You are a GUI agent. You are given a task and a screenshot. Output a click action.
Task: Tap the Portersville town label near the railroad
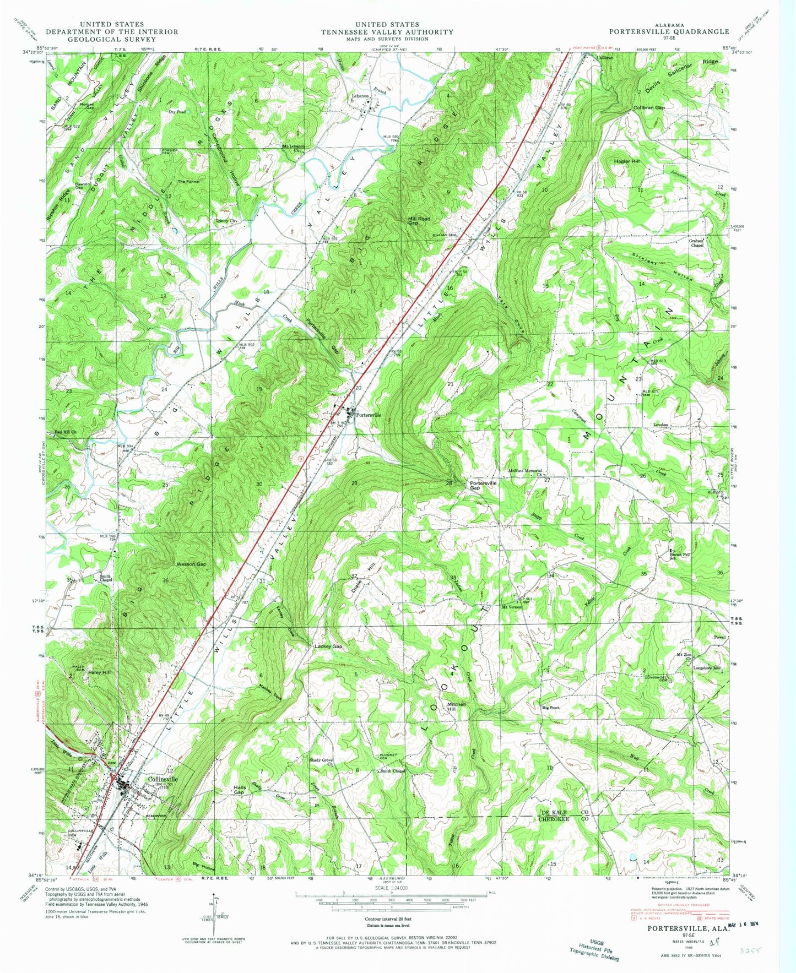[x=368, y=415]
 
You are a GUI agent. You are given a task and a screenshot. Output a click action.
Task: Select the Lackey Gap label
[x=328, y=646]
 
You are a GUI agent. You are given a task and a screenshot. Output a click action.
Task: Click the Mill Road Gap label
[x=419, y=221]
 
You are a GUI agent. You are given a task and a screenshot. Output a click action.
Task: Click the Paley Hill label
[x=100, y=672]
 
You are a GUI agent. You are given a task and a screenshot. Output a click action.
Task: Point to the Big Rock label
[x=550, y=707]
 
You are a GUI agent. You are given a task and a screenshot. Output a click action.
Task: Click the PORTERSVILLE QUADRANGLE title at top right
[x=669, y=32]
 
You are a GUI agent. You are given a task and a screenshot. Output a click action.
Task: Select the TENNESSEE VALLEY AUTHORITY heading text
[x=387, y=32]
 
